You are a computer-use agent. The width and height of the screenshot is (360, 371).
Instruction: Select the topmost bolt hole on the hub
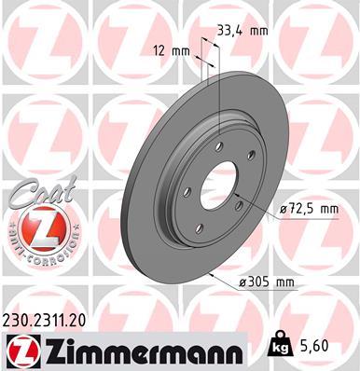tap(217, 144)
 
